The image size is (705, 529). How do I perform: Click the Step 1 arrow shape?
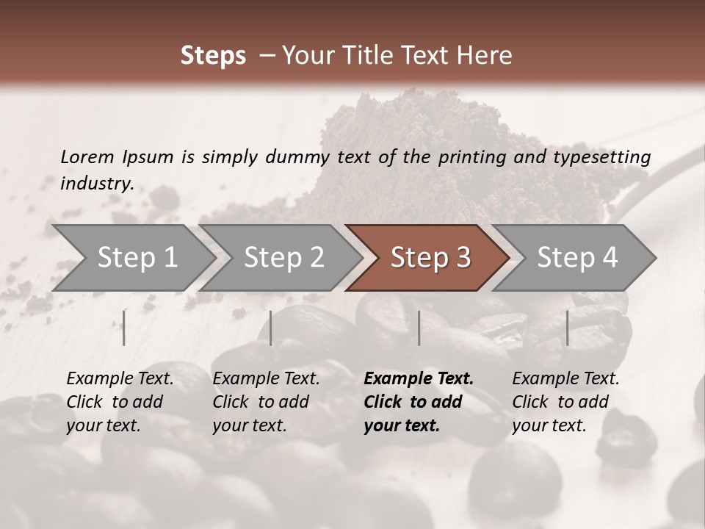(137, 258)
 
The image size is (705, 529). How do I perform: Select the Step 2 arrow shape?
(283, 258)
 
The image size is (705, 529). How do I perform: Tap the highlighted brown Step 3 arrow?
(430, 258)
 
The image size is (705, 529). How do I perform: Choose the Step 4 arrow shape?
(577, 258)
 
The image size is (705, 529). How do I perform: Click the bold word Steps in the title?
(213, 56)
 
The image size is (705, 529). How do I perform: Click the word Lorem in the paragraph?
(87, 156)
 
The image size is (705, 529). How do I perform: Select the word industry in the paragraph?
(97, 183)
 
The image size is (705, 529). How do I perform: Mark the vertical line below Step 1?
(124, 328)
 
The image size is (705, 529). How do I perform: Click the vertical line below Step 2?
(271, 328)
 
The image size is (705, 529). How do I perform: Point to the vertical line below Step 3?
(419, 328)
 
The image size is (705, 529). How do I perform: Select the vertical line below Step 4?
(567, 328)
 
